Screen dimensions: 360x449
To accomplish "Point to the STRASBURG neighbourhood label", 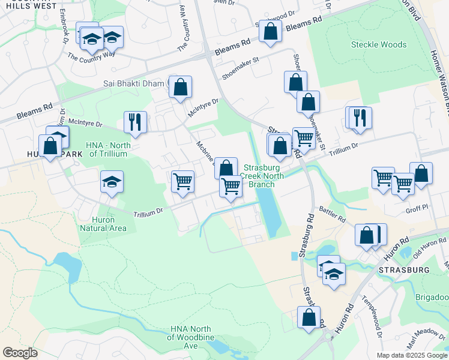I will click(x=405, y=270).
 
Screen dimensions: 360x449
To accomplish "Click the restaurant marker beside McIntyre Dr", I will click(x=135, y=122).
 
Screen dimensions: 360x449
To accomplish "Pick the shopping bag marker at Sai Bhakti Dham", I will click(x=181, y=88).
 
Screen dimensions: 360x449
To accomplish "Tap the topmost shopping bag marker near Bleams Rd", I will click(x=271, y=31).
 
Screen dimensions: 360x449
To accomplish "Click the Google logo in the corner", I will click(x=20, y=353).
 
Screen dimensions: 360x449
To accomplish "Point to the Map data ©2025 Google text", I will click(x=411, y=355).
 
